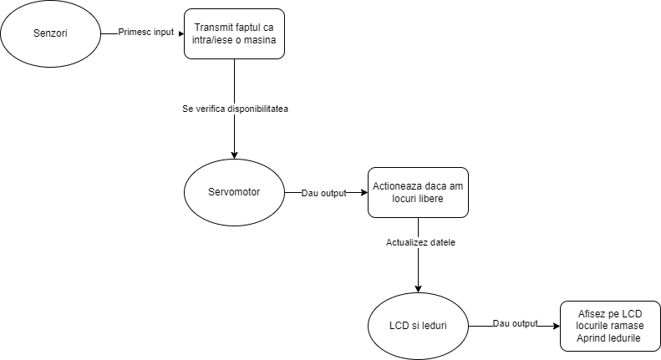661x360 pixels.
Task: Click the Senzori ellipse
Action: tap(51, 33)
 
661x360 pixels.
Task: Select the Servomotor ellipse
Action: tap(234, 192)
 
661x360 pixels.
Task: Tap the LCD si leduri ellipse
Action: tap(418, 326)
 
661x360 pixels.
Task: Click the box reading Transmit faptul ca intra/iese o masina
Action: tap(234, 33)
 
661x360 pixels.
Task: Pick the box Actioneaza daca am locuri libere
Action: tap(418, 193)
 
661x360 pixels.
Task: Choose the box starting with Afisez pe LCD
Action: tap(610, 326)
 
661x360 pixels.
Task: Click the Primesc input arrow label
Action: tap(146, 33)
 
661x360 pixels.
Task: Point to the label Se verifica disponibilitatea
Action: tap(235, 109)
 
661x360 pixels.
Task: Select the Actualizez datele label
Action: tap(420, 242)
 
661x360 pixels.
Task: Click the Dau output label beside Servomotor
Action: tap(323, 193)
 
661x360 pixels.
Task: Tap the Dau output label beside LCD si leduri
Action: tap(515, 323)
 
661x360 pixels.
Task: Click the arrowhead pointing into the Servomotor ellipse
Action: tap(234, 155)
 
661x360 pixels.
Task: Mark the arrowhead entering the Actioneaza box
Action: tap(364, 193)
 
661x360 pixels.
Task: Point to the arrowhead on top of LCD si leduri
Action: tap(418, 289)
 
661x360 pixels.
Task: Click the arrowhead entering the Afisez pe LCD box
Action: tap(557, 327)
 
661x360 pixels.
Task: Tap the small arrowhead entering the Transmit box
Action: tap(181, 33)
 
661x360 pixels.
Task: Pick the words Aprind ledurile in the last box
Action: tap(608, 338)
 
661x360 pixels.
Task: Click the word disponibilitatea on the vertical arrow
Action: tap(258, 109)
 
